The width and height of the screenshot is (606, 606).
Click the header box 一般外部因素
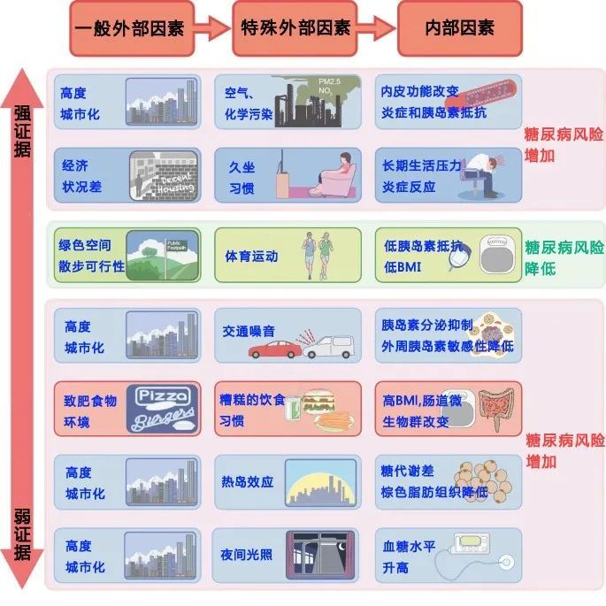[x=130, y=27]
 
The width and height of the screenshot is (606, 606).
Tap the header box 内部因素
[x=459, y=27]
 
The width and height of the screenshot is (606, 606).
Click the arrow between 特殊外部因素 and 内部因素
[x=376, y=27]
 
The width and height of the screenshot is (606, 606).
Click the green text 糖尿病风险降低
[x=564, y=256]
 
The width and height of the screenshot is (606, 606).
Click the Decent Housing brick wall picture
[x=164, y=175]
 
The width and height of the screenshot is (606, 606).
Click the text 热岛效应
[x=247, y=483]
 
